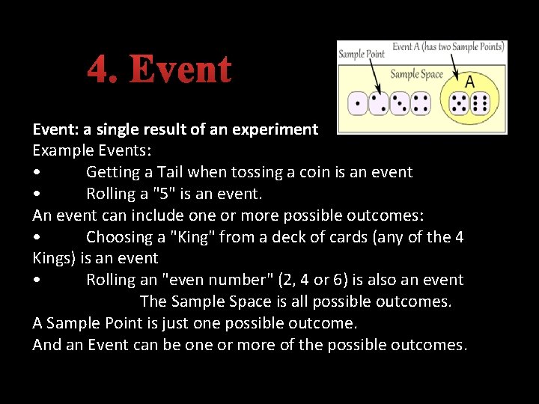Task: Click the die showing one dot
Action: click(x=357, y=103)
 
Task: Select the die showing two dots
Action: click(x=378, y=103)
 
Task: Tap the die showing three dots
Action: click(x=399, y=103)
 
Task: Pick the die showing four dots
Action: click(x=420, y=103)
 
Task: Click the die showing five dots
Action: click(x=459, y=103)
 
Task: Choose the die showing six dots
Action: click(x=481, y=103)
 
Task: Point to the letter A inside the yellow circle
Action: click(x=470, y=82)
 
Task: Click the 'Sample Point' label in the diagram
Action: click(x=362, y=54)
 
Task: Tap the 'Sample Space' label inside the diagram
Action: click(x=416, y=74)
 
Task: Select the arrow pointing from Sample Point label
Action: click(x=374, y=76)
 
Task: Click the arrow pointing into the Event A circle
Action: click(x=454, y=69)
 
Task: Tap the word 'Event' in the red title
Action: click(x=180, y=70)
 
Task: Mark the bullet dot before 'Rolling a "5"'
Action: click(x=37, y=195)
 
